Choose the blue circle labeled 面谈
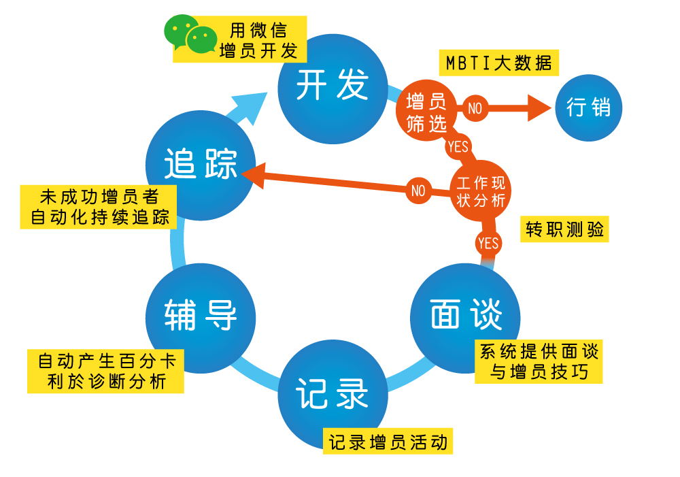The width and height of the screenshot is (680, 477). click(466, 317)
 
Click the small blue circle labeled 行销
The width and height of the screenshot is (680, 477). click(588, 108)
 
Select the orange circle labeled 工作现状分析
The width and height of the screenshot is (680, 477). click(481, 192)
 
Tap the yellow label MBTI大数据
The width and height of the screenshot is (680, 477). click(498, 63)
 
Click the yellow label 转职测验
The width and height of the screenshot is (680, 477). click(564, 229)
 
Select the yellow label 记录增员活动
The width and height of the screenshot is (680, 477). click(388, 442)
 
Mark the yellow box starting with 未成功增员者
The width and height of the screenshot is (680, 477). click(99, 207)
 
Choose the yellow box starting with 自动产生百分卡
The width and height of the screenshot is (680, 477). click(106, 371)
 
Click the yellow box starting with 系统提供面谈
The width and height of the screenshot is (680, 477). click(539, 361)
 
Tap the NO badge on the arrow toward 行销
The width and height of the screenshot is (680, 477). click(475, 108)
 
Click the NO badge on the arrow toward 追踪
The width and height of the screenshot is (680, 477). click(418, 191)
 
